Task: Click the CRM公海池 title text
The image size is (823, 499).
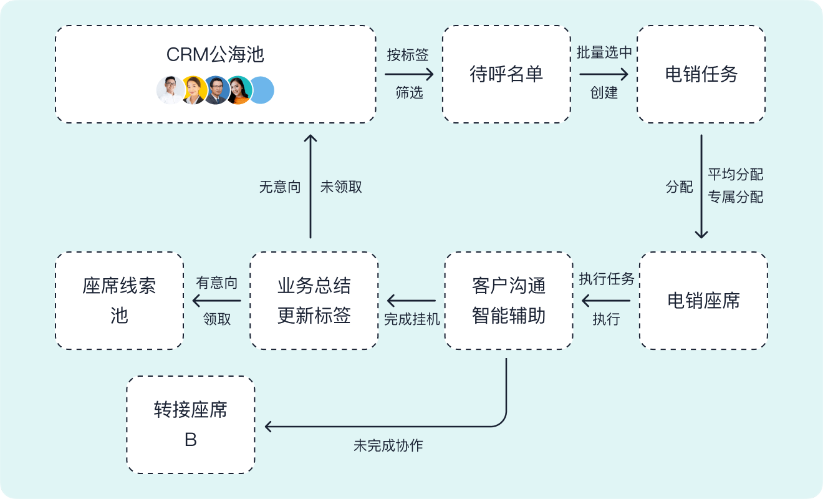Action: click(x=215, y=55)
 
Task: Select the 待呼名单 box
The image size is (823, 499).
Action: click(x=506, y=74)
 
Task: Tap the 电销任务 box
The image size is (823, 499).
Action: click(x=701, y=74)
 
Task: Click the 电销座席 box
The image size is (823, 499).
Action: click(x=703, y=301)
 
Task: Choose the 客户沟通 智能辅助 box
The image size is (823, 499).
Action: click(x=509, y=301)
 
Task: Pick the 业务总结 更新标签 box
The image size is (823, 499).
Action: click(x=314, y=301)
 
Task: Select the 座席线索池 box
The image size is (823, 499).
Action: click(x=119, y=301)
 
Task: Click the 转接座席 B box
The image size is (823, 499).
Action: click(x=191, y=425)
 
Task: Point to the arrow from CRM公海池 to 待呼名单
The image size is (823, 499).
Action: click(x=409, y=74)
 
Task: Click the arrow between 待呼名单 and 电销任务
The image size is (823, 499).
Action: click(x=604, y=74)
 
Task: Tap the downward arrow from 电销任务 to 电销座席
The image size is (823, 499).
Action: click(x=701, y=187)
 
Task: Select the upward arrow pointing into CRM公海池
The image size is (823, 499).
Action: click(x=310, y=187)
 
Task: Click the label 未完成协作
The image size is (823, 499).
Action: click(x=388, y=446)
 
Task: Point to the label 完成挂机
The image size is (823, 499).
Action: click(x=412, y=319)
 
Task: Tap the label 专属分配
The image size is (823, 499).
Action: click(x=735, y=197)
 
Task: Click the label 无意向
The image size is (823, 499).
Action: click(x=280, y=187)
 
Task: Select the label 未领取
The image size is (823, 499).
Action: click(x=341, y=187)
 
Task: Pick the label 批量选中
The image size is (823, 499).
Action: click(x=604, y=53)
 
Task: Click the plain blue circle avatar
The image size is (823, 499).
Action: click(x=262, y=90)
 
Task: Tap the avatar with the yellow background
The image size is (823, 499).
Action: click(x=194, y=90)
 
